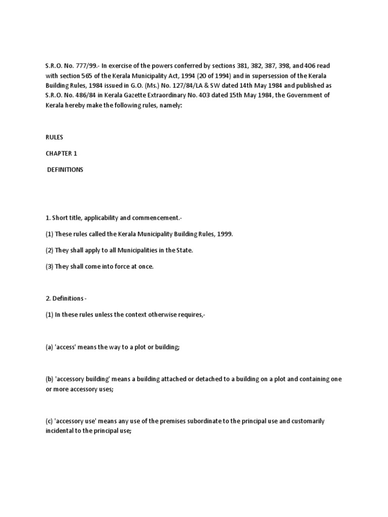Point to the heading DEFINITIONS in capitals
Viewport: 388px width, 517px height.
pyautogui.click(x=65, y=170)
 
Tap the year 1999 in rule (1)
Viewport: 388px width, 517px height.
pyautogui.click(x=224, y=235)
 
